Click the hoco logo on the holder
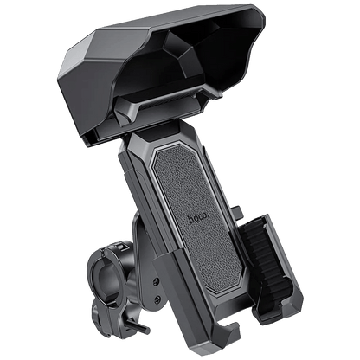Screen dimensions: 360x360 [x=198, y=218]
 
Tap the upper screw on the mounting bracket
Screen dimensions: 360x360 [x=156, y=281]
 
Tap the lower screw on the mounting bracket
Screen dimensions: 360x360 [x=157, y=299]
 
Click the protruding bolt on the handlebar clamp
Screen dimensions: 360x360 [x=138, y=325]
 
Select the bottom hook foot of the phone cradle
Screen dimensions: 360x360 [x=227, y=331]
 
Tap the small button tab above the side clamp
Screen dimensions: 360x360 [x=237, y=211]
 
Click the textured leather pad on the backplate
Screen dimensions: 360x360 [x=196, y=219]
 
